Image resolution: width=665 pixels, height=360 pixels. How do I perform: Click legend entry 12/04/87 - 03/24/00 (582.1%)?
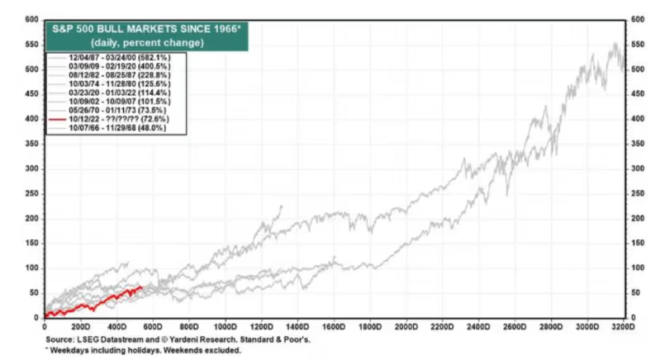121,56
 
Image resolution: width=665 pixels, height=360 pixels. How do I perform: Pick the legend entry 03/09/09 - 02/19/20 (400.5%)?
121,65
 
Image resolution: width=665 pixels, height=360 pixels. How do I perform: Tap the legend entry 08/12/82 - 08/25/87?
121,74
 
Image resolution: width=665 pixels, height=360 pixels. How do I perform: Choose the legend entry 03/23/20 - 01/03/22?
121,92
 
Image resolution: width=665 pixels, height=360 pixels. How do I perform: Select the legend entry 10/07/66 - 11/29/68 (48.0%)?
120,128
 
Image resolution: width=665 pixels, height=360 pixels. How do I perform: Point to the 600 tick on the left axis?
31,19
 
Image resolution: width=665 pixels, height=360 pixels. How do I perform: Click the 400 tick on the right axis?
639,119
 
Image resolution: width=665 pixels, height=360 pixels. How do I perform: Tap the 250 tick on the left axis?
31,193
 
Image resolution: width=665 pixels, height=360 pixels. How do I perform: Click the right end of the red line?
141,287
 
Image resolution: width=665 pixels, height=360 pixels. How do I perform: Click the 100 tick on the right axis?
639,268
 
